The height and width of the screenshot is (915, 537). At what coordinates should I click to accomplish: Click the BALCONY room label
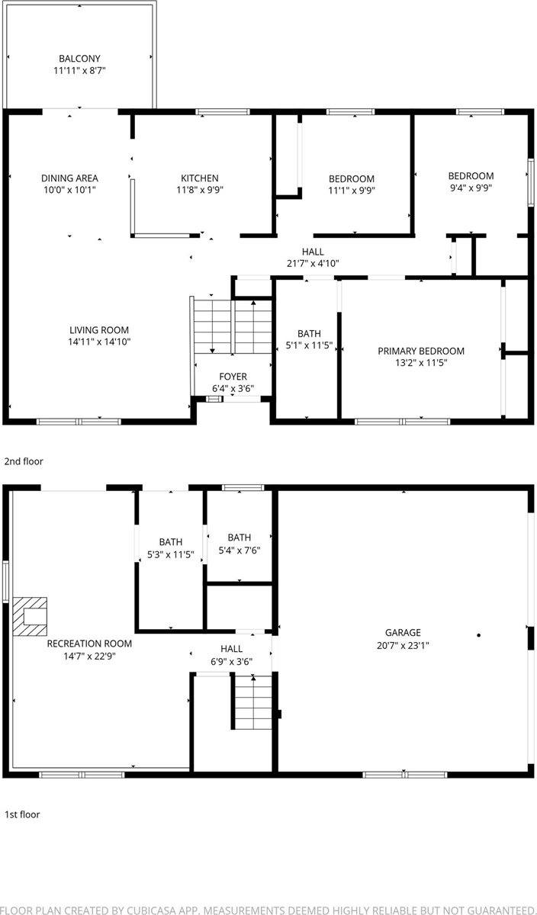pos(80,58)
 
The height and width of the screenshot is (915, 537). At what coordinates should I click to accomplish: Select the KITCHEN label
pos(199,178)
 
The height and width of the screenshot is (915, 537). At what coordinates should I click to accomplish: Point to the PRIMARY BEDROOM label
pos(421,351)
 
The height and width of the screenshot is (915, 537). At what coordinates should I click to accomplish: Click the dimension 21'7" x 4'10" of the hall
pos(313,263)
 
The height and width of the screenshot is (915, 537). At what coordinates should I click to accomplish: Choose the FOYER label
pos(233,377)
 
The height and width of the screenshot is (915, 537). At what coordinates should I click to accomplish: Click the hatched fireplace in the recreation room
pos(30,615)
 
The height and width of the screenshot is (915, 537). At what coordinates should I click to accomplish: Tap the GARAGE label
pos(403,632)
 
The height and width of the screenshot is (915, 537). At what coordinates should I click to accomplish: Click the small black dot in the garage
pos(479,634)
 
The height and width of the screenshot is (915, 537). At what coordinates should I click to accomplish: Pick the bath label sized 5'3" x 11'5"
pos(171,542)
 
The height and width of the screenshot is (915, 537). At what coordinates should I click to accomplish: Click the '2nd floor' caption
pos(24,461)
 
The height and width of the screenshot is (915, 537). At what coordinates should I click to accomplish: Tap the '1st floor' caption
pos(22,814)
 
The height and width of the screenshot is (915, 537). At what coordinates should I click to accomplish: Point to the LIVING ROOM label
pos(99,330)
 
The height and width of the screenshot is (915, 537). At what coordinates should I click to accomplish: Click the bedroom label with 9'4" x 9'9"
pos(471,175)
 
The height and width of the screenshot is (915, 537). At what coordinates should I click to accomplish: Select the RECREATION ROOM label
pos(89,644)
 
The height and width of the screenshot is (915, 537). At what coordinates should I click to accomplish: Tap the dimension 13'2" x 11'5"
pos(421,363)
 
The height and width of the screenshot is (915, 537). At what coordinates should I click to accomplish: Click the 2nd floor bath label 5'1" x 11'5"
pos(309,333)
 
